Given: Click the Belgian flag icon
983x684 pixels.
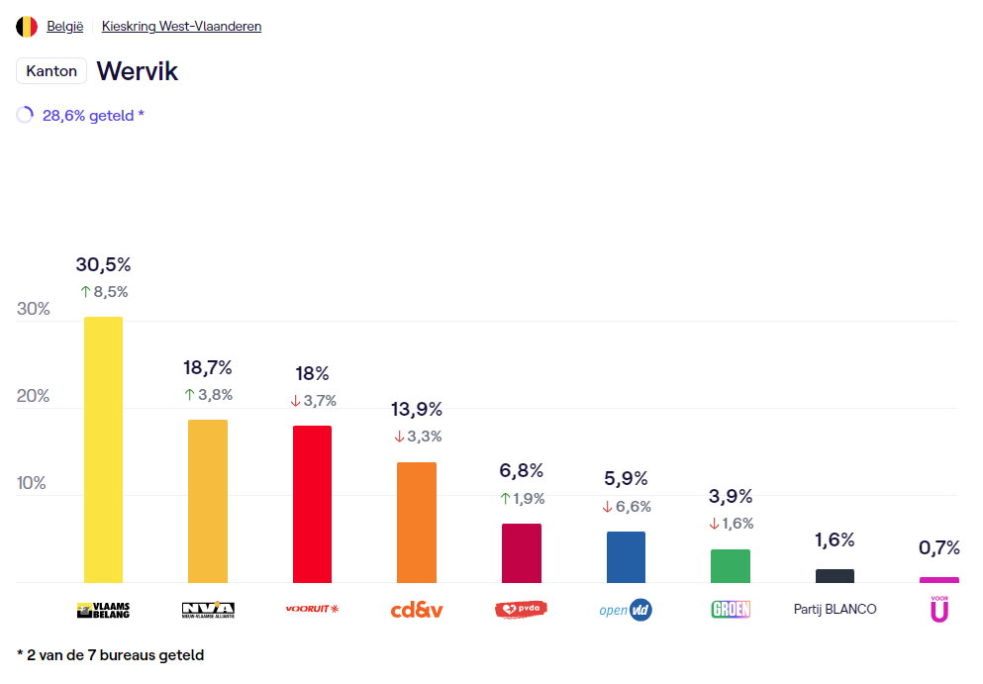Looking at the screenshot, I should [27, 27].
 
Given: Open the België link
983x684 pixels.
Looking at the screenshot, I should [65, 27].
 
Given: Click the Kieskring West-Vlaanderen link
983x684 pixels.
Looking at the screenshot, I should [181, 27].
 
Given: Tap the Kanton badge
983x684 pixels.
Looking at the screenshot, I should [51, 71].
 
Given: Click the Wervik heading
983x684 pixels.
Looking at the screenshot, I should [137, 71].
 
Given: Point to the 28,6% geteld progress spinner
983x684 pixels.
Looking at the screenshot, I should [25, 115].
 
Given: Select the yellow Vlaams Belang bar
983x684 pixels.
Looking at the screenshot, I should [103, 449].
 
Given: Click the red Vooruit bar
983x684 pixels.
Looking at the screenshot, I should [312, 504].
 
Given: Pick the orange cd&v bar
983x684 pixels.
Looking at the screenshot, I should [416, 522].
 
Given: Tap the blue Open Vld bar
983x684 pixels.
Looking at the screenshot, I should [626, 557].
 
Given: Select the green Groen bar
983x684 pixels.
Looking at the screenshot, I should [730, 566].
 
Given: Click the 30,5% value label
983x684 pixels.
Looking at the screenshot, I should [103, 264].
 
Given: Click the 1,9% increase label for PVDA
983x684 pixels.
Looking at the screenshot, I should [522, 499].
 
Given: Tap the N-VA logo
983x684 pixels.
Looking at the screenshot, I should [208, 610].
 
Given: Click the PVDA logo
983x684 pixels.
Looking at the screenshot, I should [521, 610].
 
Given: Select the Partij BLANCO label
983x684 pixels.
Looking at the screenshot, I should [835, 610].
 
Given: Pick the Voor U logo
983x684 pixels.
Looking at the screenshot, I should [938, 610].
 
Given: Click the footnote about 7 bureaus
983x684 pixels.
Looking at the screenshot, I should [111, 655].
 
